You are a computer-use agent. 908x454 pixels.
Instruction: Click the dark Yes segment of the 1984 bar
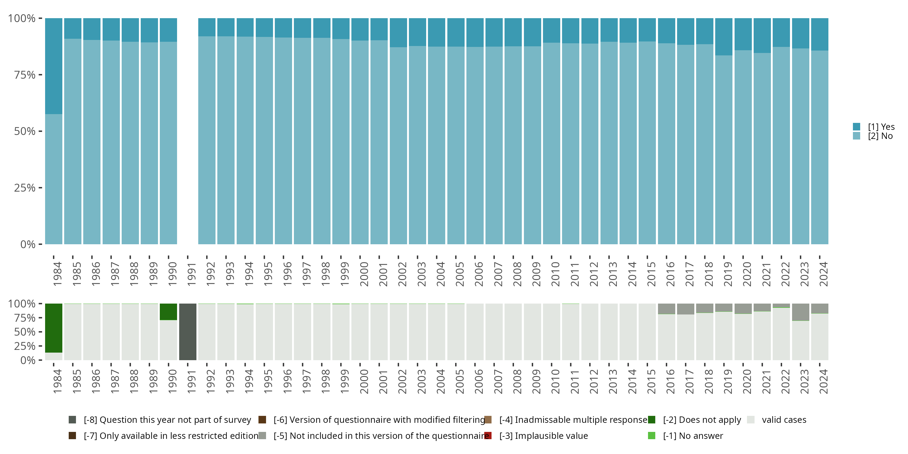54,66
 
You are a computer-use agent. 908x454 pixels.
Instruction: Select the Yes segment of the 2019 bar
724,37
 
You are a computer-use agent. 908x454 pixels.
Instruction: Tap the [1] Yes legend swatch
857,127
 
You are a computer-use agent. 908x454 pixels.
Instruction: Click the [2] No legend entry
880,136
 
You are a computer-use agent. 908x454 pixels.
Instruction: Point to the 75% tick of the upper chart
40,75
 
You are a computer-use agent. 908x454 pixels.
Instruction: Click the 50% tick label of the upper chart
25,131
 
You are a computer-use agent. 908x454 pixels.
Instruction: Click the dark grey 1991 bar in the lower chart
188,332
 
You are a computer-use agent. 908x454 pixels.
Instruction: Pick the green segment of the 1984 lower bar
54,328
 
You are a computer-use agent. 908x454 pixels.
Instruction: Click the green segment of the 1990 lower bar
168,312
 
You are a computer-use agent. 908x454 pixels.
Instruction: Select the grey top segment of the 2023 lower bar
801,312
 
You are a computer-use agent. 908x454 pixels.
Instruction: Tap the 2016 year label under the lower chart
670,382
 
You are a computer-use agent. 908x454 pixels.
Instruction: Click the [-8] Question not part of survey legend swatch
72,419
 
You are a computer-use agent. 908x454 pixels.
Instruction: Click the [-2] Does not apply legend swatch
651,419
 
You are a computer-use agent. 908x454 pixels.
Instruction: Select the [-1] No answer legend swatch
651,436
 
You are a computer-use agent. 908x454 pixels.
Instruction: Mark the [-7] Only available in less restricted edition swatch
72,436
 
